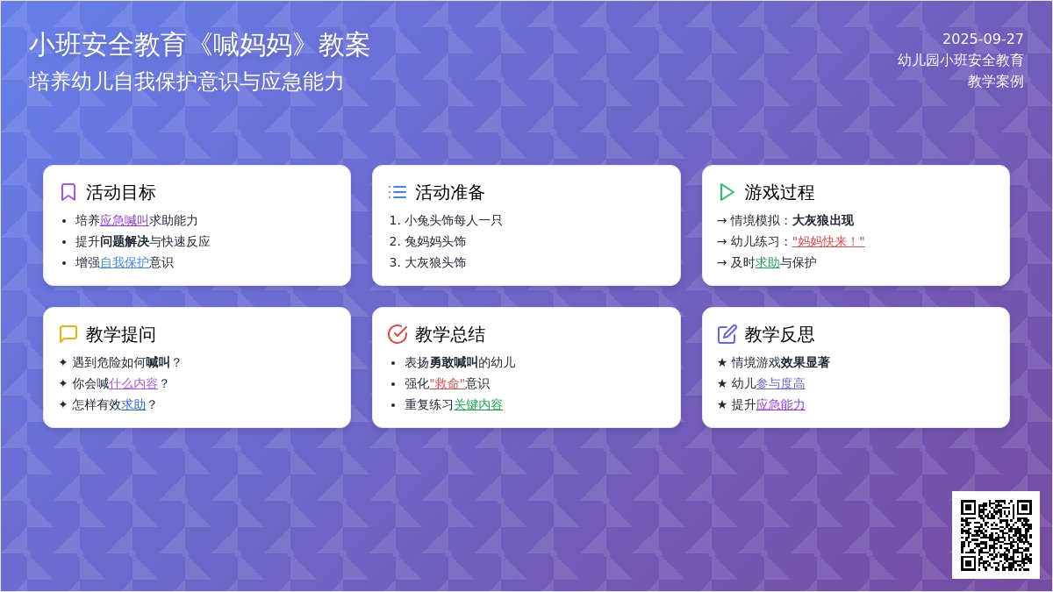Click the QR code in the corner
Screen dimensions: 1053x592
click(x=996, y=535)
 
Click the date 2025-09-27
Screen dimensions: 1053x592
click(x=983, y=39)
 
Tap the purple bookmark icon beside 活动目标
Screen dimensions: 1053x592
click(x=68, y=192)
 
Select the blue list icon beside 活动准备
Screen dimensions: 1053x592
click(x=398, y=192)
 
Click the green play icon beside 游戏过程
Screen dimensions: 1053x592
click(x=727, y=192)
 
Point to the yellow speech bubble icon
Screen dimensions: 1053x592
click(x=68, y=334)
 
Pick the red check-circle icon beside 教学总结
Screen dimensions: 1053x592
click(x=398, y=334)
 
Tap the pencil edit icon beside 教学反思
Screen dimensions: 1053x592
click(x=727, y=334)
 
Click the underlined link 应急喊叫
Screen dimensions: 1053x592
click(x=124, y=220)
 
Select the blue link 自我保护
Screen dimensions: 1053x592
click(x=124, y=262)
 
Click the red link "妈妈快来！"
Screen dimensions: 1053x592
click(x=828, y=241)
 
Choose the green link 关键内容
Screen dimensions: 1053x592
click(x=478, y=404)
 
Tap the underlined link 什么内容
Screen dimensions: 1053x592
click(x=133, y=383)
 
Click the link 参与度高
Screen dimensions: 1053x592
click(x=780, y=383)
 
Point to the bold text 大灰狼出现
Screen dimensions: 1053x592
click(x=823, y=220)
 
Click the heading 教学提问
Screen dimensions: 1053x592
click(x=120, y=334)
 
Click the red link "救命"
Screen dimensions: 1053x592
click(x=447, y=383)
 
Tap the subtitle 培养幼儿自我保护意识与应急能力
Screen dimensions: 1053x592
click(x=186, y=82)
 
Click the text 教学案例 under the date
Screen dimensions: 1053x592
click(x=996, y=82)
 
